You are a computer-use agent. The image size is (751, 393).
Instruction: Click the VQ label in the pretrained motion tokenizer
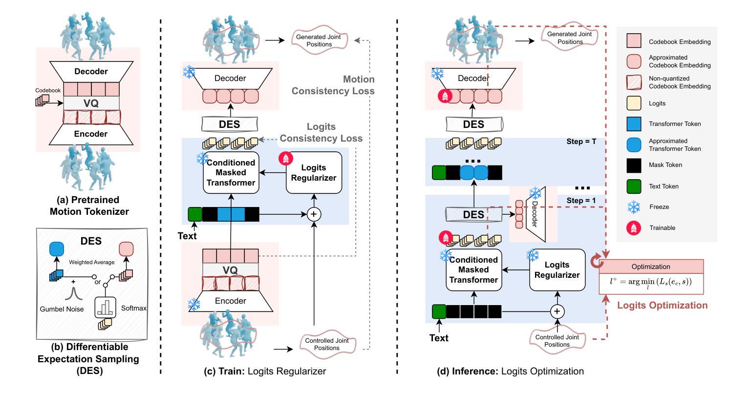91,103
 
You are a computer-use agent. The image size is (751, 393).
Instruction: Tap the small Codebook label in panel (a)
48,90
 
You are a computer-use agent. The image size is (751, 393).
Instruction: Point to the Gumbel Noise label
62,309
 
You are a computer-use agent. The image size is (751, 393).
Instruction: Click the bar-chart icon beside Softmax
105,307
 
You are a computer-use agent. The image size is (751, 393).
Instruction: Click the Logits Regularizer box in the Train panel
314,172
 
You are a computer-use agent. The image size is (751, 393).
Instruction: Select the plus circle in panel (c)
314,214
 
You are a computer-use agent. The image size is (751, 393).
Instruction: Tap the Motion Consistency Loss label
333,85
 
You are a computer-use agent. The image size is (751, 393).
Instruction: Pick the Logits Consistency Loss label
321,132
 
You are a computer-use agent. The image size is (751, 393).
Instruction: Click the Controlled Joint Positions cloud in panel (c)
327,344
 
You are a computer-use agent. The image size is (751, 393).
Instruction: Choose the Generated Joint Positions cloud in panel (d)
570,38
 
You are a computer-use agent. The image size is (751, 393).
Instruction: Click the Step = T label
581,142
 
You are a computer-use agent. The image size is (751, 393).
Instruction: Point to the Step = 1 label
581,200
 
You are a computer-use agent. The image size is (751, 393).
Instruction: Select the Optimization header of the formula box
651,267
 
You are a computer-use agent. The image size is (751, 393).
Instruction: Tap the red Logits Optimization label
663,305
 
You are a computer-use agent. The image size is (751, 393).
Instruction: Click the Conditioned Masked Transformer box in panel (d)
474,269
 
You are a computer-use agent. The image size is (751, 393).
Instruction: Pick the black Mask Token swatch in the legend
634,165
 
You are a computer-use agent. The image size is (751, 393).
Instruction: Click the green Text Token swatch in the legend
634,186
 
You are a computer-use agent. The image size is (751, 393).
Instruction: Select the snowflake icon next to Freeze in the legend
634,207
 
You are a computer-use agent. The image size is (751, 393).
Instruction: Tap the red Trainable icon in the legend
634,228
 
